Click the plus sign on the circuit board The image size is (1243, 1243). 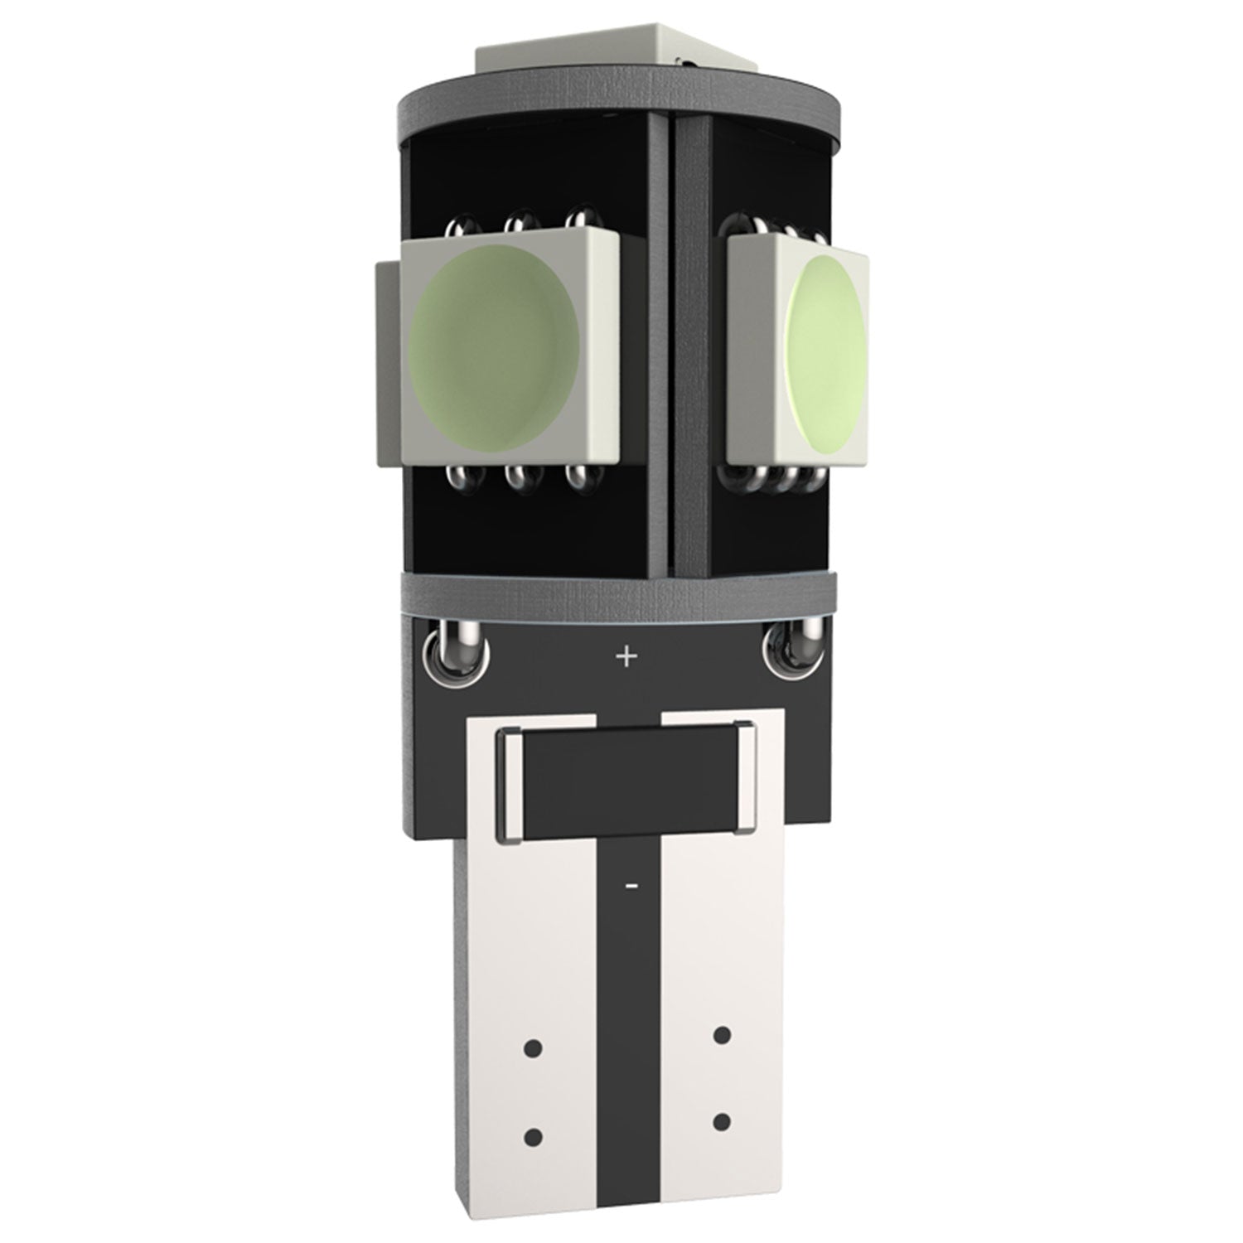(626, 657)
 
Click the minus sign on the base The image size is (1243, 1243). (631, 886)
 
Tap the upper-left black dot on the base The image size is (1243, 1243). (534, 1048)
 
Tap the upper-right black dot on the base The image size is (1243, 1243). (722, 1034)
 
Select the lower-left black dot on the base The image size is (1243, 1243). (534, 1134)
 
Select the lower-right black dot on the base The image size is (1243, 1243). (722, 1122)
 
